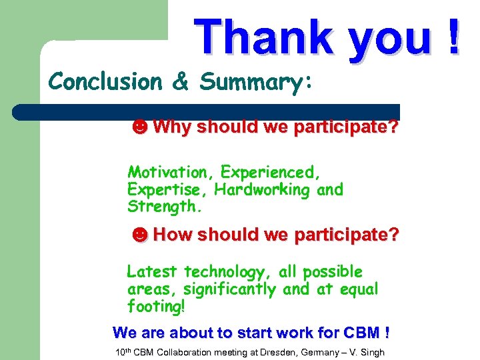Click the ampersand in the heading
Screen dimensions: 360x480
tap(181, 82)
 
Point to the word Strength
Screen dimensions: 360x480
tap(163, 207)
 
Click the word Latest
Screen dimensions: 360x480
tap(152, 272)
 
